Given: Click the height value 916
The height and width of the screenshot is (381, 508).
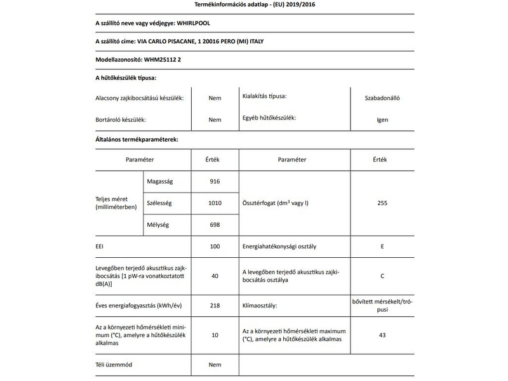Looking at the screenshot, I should (215, 182).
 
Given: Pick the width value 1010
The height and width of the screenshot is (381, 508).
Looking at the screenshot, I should (215, 203).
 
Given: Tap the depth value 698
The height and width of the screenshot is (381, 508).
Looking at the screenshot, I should (215, 224).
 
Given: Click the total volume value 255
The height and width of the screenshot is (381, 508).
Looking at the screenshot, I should (382, 203).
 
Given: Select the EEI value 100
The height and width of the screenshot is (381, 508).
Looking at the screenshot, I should (215, 245).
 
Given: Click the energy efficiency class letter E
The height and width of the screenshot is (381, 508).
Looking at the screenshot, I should (382, 245).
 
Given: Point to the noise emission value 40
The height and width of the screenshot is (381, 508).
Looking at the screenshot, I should (215, 276).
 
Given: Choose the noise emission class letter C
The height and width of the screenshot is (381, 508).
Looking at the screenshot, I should (382, 276).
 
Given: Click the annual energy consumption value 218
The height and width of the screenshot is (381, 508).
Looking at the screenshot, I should (215, 305).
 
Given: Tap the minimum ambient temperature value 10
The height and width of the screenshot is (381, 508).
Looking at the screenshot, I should (215, 335).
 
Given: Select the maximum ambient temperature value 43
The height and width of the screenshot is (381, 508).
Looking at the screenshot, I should (382, 335).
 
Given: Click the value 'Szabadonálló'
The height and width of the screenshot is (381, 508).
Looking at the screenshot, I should (382, 98).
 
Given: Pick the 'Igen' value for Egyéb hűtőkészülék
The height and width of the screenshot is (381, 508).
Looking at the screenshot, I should (382, 119).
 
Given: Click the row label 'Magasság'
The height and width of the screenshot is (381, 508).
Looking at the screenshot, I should (160, 182).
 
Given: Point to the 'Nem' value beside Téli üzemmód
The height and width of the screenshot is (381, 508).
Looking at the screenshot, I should (215, 365).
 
